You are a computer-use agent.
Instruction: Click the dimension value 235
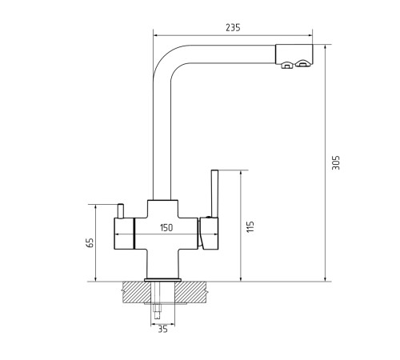tap(233, 27)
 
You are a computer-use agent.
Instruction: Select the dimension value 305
tap(336, 162)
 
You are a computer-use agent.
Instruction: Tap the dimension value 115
tap(250, 226)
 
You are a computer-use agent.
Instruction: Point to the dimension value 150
tap(166, 228)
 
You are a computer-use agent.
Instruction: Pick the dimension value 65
tap(90, 242)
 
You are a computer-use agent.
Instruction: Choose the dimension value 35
tap(162, 330)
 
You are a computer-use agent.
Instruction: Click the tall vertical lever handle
tap(214, 194)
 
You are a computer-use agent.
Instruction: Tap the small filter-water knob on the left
tap(120, 211)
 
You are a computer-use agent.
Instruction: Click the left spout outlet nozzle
tap(287, 65)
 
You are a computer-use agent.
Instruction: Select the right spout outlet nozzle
tap(302, 63)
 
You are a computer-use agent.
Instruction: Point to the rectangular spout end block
tap(294, 54)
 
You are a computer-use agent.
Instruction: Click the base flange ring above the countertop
tap(162, 280)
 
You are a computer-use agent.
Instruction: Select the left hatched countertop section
tap(137, 292)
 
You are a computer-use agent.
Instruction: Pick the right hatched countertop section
tap(190, 292)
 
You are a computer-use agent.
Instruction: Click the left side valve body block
tap(124, 234)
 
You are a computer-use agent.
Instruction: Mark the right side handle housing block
tap(209, 234)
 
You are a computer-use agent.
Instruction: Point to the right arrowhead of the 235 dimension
tap(310, 35)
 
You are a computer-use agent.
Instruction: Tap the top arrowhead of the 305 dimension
tap(325, 47)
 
